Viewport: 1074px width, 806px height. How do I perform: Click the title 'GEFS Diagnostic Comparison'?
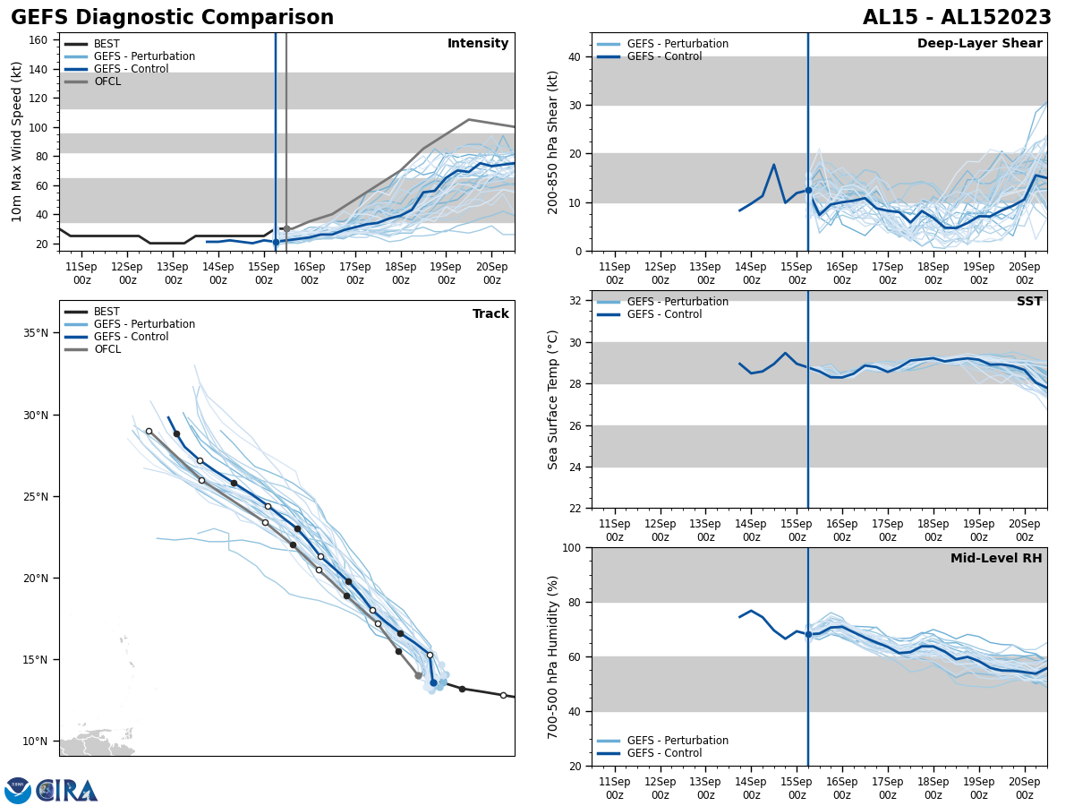[x=172, y=18]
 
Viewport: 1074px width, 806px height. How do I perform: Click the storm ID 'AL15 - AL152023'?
[x=957, y=18]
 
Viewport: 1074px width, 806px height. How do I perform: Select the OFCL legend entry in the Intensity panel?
[x=107, y=81]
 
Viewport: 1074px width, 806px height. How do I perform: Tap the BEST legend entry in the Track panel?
[x=107, y=312]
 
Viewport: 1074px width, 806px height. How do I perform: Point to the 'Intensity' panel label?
[x=478, y=44]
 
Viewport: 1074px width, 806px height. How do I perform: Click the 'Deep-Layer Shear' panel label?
[x=979, y=44]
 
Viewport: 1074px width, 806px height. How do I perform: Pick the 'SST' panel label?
[x=1029, y=302]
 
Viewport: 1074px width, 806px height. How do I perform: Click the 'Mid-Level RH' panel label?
[x=996, y=559]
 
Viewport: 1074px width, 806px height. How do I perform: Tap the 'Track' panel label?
[x=490, y=314]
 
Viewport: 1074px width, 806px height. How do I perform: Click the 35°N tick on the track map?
[x=36, y=333]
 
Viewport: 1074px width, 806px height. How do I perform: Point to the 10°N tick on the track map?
[x=36, y=742]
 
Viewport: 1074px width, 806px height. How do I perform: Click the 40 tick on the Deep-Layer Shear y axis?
[x=574, y=57]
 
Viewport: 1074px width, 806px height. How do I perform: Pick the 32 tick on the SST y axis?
[x=574, y=301]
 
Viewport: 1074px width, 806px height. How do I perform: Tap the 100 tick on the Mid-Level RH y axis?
[x=570, y=548]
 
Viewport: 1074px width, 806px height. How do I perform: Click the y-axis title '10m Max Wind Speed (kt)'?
[x=17, y=141]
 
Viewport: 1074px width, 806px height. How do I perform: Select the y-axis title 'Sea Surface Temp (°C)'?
[x=553, y=399]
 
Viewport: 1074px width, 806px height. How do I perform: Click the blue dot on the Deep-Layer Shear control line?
[x=808, y=190]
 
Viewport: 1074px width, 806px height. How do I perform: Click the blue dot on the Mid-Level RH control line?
[x=808, y=634]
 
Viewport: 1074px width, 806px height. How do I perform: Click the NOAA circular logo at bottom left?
[x=18, y=791]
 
